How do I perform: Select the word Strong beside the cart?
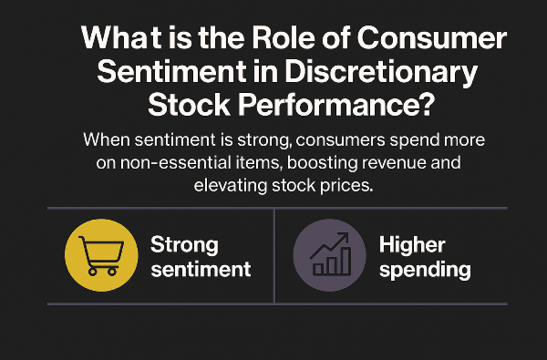(x=184, y=244)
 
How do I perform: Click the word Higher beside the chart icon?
(x=411, y=244)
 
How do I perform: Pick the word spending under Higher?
(x=425, y=270)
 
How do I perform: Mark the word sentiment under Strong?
(x=201, y=270)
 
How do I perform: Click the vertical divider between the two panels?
(x=274, y=256)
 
